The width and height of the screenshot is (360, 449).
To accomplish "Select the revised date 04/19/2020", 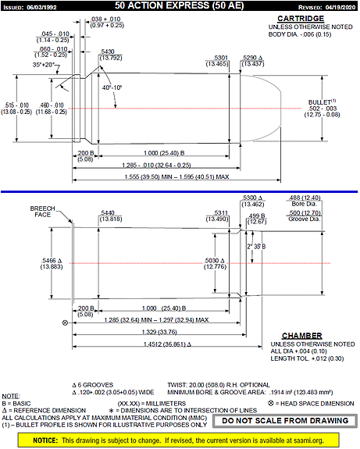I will pyautogui.click(x=333, y=6).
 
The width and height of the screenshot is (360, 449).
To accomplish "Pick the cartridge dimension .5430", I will pyautogui.click(x=111, y=54).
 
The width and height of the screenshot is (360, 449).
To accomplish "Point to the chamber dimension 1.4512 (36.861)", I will pyautogui.click(x=182, y=343).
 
